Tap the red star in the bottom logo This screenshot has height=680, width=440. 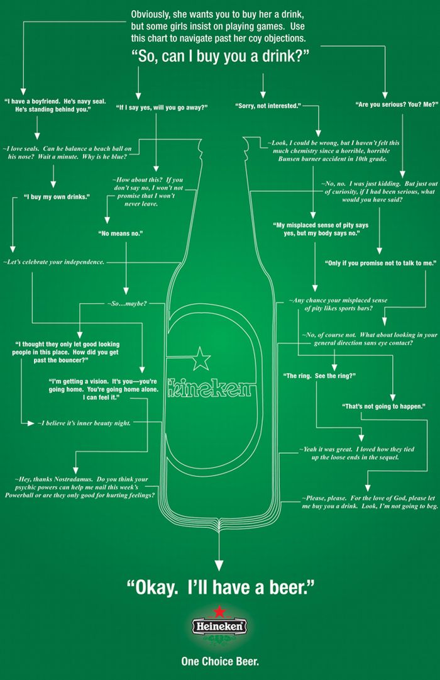pos(220,610)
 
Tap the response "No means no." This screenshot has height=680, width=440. pos(121,233)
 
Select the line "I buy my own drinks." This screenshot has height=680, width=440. pos(57,197)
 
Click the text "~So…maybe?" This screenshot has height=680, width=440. pos(127,304)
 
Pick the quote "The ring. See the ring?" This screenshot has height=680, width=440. pos(321,376)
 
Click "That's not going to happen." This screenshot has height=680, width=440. pos(383,406)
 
